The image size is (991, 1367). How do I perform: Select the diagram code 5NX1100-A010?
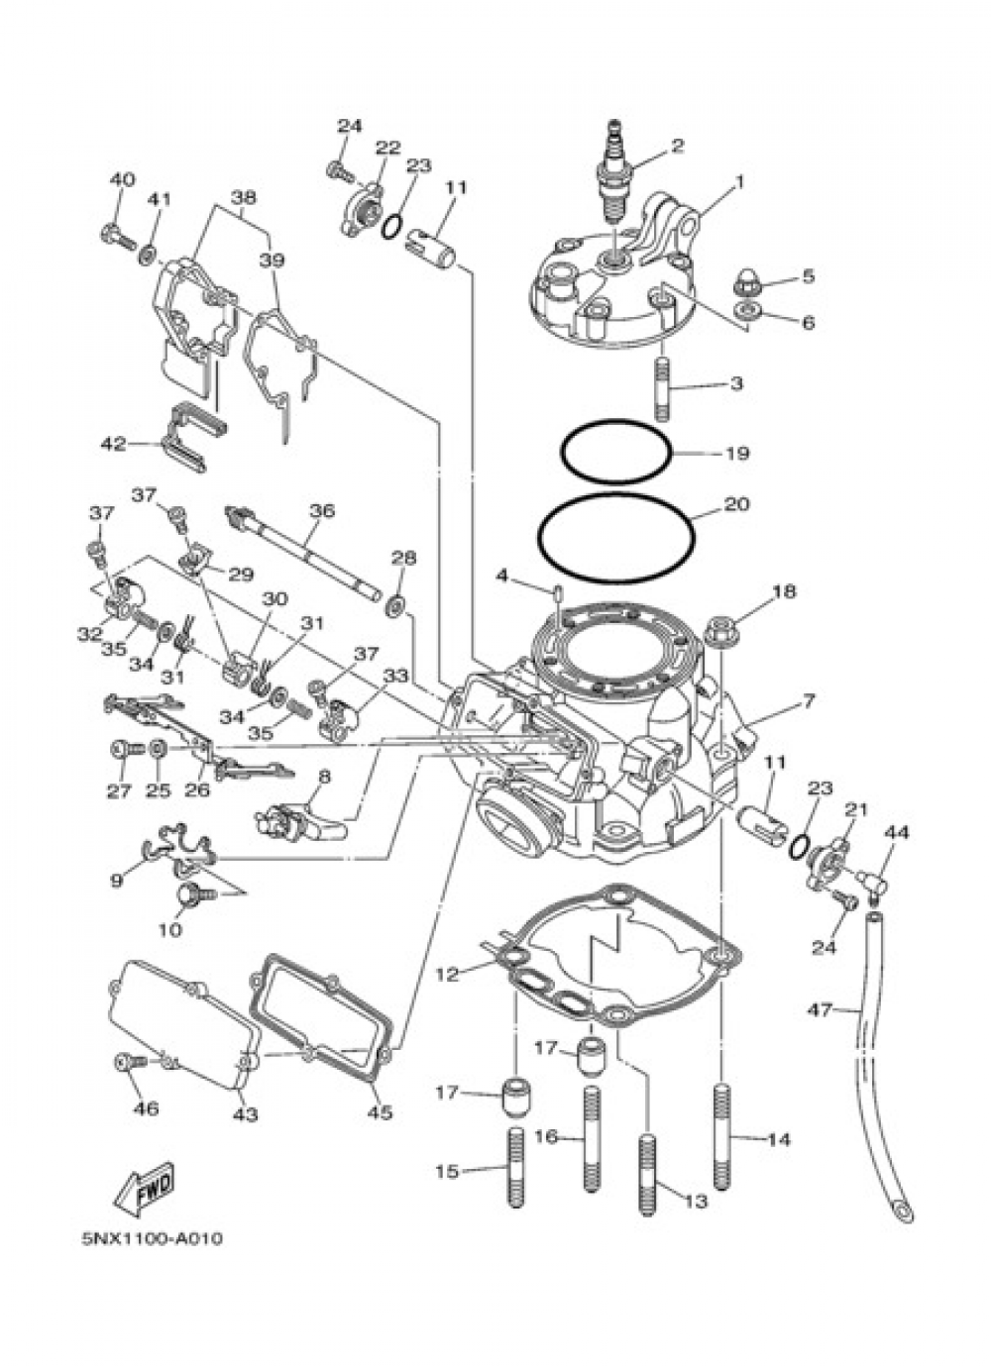pyautogui.click(x=146, y=1239)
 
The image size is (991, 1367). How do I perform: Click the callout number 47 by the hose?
pyautogui.click(x=819, y=1010)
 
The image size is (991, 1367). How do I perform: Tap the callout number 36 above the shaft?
pyautogui.click(x=321, y=511)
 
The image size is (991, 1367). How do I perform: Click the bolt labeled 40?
pyautogui.click(x=116, y=237)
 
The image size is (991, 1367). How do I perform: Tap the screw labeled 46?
pyautogui.click(x=129, y=1062)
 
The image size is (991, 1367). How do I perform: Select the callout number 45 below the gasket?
pyautogui.click(x=379, y=1111)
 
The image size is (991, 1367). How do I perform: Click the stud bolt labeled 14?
pyautogui.click(x=722, y=1139)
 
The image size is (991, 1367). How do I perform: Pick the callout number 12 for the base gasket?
pyautogui.click(x=447, y=975)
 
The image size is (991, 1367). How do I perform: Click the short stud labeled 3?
pyautogui.click(x=661, y=382)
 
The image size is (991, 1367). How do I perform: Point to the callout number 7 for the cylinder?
pyautogui.click(x=808, y=701)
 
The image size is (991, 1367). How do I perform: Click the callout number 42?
pyautogui.click(x=112, y=444)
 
